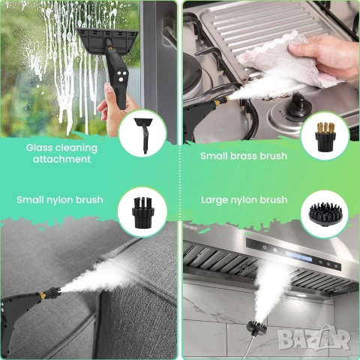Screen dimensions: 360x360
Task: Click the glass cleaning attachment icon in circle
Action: [142, 132]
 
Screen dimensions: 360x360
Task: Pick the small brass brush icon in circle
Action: [324, 135]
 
